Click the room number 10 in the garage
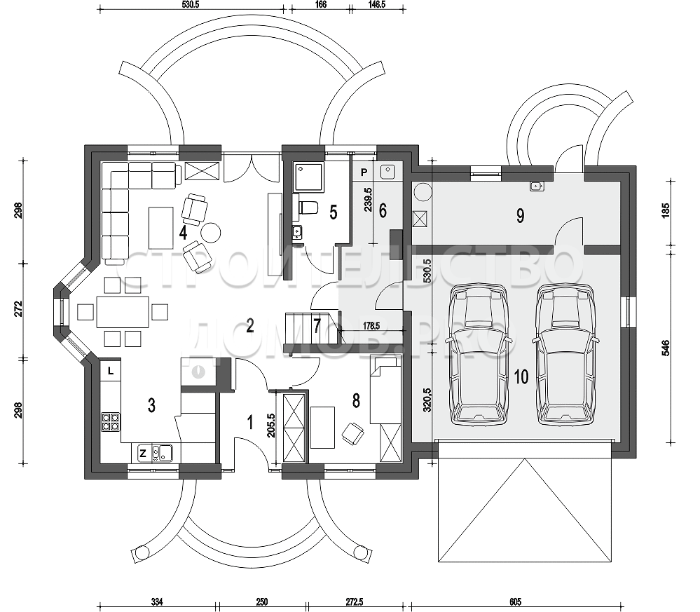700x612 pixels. pyautogui.click(x=521, y=376)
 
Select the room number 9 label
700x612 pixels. pyautogui.click(x=520, y=216)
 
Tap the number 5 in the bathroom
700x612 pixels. pyautogui.click(x=334, y=212)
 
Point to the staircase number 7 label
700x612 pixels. pyautogui.click(x=317, y=326)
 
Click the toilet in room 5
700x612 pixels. pyautogui.click(x=308, y=208)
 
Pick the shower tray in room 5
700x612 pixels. pyautogui.click(x=309, y=178)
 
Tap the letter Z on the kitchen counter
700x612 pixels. pyautogui.click(x=143, y=454)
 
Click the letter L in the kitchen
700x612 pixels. pyautogui.click(x=111, y=370)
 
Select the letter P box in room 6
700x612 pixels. pyautogui.click(x=364, y=172)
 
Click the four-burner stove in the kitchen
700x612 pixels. pyautogui.click(x=111, y=421)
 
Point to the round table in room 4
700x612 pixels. pyautogui.click(x=210, y=232)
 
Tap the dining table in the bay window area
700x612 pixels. pyautogui.click(x=123, y=312)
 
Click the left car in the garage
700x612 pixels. pyautogui.click(x=479, y=354)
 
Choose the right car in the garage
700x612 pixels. pyautogui.click(x=565, y=354)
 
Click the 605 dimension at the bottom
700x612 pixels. pyautogui.click(x=515, y=602)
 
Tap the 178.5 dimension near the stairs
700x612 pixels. pyautogui.click(x=371, y=326)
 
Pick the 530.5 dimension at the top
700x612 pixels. pyautogui.click(x=191, y=4)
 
